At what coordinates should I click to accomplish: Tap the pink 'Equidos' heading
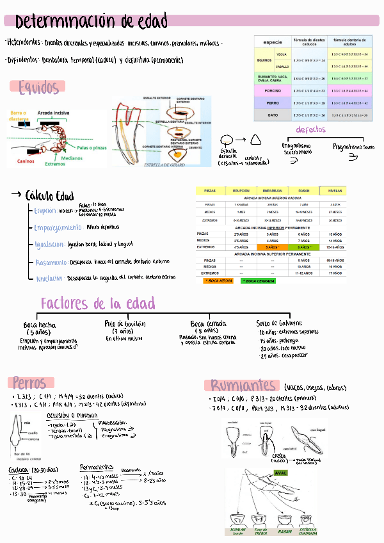pyautogui.click(x=38, y=87)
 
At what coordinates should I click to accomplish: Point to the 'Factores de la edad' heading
pyautogui.click(x=98, y=303)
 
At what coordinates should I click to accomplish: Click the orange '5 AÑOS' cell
pyautogui.click(x=269, y=247)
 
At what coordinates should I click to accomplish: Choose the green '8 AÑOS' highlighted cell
pyautogui.click(x=304, y=247)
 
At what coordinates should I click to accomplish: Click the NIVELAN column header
pyautogui.click(x=335, y=191)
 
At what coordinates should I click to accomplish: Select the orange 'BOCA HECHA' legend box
pyautogui.click(x=217, y=280)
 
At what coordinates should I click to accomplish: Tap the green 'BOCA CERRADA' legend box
pyautogui.click(x=257, y=280)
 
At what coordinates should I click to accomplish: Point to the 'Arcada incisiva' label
pyautogui.click(x=54, y=113)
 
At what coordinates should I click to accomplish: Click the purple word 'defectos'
pyautogui.click(x=310, y=129)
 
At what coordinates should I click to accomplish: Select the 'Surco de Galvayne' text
pyautogui.click(x=279, y=323)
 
